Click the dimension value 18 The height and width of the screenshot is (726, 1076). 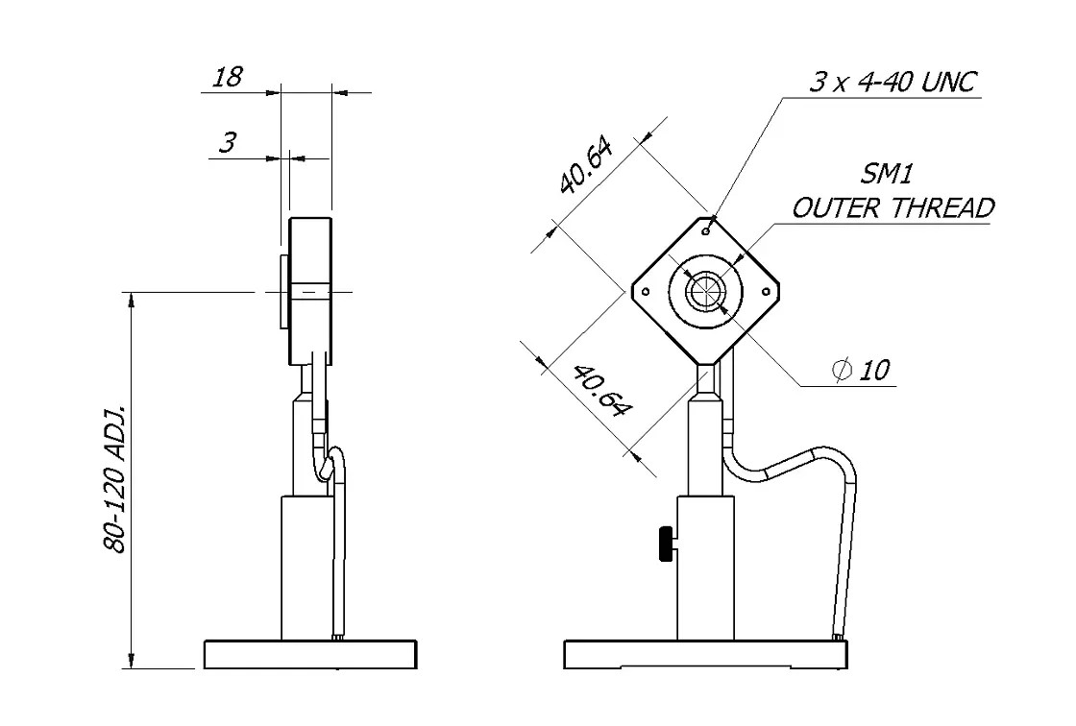(x=227, y=78)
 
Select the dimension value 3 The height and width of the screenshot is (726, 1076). (x=227, y=144)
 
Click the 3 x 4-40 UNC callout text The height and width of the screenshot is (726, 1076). (x=893, y=83)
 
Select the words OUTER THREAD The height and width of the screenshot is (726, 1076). (x=893, y=208)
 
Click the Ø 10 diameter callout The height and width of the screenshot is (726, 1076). (x=862, y=370)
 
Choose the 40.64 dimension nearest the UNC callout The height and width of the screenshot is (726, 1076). (x=587, y=164)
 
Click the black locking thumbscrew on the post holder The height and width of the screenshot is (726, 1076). (x=665, y=544)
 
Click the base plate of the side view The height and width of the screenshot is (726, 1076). (x=310, y=655)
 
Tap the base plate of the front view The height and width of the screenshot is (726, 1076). (x=707, y=655)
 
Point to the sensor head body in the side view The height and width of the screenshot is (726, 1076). (x=309, y=291)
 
